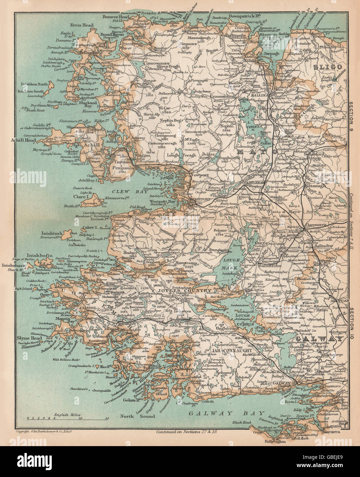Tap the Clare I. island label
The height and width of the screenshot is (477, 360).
point(81,197)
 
